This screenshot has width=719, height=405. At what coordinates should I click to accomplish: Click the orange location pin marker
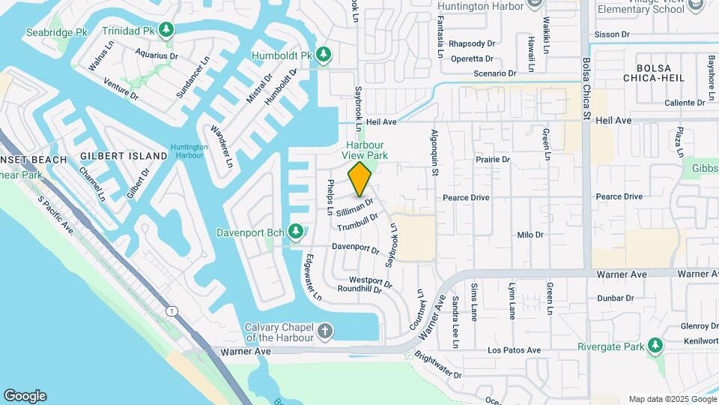tap(360, 178)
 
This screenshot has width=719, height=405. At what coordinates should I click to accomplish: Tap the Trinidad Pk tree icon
tap(167, 30)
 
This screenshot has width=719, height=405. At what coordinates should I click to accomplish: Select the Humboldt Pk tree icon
tap(324, 55)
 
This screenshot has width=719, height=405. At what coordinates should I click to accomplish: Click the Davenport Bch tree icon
tap(296, 229)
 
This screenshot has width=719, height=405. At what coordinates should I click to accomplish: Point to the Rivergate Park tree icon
tap(656, 346)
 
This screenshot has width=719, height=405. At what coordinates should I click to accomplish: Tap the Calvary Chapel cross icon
tap(325, 331)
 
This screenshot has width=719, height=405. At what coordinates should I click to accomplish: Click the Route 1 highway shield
tap(173, 310)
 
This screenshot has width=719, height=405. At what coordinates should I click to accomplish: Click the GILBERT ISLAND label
tap(124, 156)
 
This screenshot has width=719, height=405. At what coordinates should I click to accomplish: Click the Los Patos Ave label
tap(514, 350)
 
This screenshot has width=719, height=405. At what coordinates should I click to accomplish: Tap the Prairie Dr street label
tap(493, 160)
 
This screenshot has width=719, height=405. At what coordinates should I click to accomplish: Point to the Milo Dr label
tap(530, 235)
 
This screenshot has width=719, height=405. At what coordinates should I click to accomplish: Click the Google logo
tap(25, 396)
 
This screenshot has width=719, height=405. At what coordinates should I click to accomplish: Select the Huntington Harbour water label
tap(188, 151)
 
